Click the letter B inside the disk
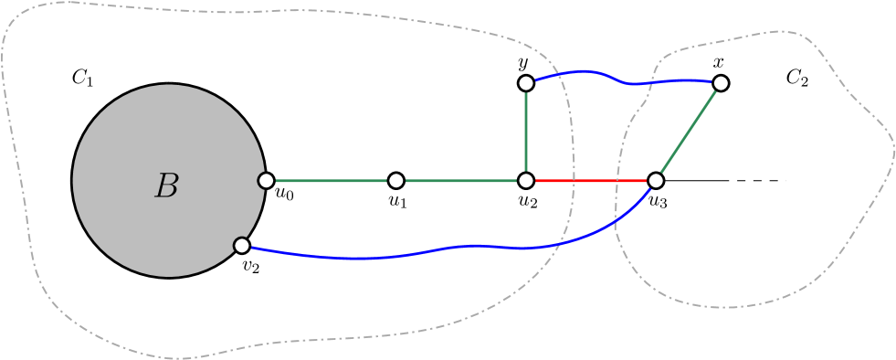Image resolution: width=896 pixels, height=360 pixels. point(166,186)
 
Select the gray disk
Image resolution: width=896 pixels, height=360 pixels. point(137,137)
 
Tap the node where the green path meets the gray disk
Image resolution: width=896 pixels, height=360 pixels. point(266,181)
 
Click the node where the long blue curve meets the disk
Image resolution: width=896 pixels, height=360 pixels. point(242,245)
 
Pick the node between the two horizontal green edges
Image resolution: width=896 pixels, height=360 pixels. point(395,181)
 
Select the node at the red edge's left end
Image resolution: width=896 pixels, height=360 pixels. point(526,181)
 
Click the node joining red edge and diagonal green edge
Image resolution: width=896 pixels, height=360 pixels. point(656,181)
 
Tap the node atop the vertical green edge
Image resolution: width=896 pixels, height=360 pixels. point(526,83)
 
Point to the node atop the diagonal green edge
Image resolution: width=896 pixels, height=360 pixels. point(721,83)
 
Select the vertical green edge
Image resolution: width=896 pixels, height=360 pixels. point(526,132)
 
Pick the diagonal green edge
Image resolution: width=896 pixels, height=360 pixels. point(689,132)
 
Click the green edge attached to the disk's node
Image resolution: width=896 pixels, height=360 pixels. point(331,181)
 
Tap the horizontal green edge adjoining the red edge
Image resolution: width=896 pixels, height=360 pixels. point(461,181)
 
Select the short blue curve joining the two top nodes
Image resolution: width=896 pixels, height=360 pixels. point(621,81)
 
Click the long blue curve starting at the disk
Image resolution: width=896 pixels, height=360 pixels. point(411,253)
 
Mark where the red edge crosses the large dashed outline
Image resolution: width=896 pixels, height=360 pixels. point(574,181)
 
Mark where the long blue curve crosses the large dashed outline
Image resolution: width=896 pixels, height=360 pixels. point(560,243)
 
